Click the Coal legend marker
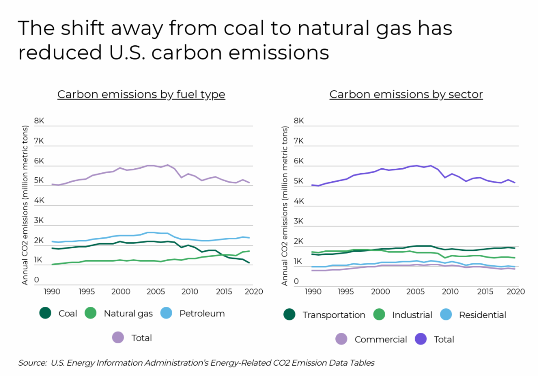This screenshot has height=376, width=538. (x=45, y=313)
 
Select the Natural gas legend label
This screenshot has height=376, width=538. (x=128, y=313)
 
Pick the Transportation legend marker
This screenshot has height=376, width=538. (x=289, y=315)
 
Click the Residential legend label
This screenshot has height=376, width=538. (x=482, y=315)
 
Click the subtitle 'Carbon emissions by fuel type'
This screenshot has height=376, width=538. (x=141, y=95)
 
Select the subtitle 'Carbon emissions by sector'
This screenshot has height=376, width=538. (x=406, y=95)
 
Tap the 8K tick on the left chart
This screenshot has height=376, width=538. (x=39, y=121)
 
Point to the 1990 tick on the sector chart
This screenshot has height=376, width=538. (x=312, y=291)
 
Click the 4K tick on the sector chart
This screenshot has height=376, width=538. (x=299, y=201)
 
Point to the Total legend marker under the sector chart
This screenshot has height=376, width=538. (x=421, y=339)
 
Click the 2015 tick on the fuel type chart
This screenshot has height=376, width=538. (x=222, y=291)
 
